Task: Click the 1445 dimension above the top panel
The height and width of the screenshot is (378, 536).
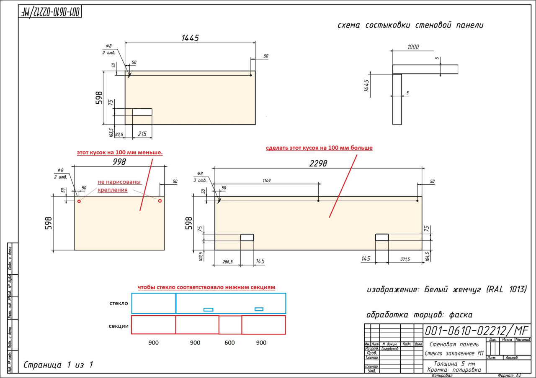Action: coord(190,38)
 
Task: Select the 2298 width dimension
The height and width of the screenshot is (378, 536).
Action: coord(318,163)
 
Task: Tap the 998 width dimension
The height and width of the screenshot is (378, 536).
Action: coord(119,161)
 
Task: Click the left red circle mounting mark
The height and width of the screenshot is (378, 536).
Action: coord(79,201)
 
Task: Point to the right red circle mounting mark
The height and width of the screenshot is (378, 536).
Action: coord(160,201)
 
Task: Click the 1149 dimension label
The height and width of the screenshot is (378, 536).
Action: coord(267,181)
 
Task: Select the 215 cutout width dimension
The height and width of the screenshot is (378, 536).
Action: coord(142,134)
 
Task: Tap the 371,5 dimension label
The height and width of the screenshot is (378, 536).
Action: coord(405,259)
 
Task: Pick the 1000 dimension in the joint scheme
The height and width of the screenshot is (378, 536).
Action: coord(413,47)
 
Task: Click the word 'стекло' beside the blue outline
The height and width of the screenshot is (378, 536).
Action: coord(119,303)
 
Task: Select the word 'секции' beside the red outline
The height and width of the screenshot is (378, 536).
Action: coord(119,326)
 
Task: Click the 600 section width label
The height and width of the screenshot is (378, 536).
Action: coord(230,343)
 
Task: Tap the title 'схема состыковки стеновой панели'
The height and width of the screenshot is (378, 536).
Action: coord(410,25)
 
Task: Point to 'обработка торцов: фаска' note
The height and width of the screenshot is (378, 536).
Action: coord(419,315)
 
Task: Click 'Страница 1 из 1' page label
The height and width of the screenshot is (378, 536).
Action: coord(58,365)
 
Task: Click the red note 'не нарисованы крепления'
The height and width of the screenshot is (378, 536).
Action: coord(119,186)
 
